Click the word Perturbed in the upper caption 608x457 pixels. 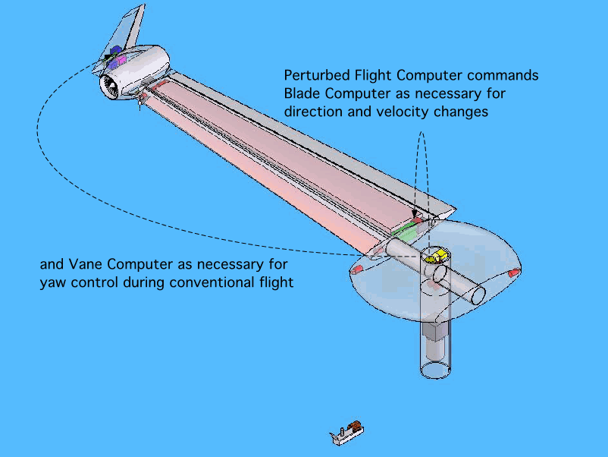pyautogui.click(x=315, y=76)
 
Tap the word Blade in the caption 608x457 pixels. pyautogui.click(x=302, y=94)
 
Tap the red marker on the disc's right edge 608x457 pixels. pyautogui.click(x=513, y=272)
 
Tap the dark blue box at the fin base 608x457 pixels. pyautogui.click(x=115, y=52)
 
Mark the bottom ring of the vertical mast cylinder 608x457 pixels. pyautogui.click(x=437, y=370)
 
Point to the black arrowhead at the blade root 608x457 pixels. pyautogui.click(x=414, y=215)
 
